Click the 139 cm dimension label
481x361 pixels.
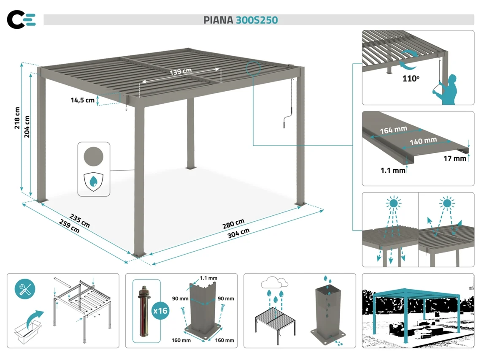tap(181, 72)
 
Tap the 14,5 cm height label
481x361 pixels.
tap(83, 100)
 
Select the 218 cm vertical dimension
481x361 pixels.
tap(17, 117)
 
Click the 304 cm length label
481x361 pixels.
tap(238, 233)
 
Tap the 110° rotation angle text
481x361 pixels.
tap(411, 78)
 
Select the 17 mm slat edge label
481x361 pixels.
tap(454, 158)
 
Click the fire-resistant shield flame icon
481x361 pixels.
tap(93, 182)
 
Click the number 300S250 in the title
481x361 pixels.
tap(257, 20)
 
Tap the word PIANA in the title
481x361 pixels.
tap(219, 20)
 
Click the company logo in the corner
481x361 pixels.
tap(21, 19)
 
